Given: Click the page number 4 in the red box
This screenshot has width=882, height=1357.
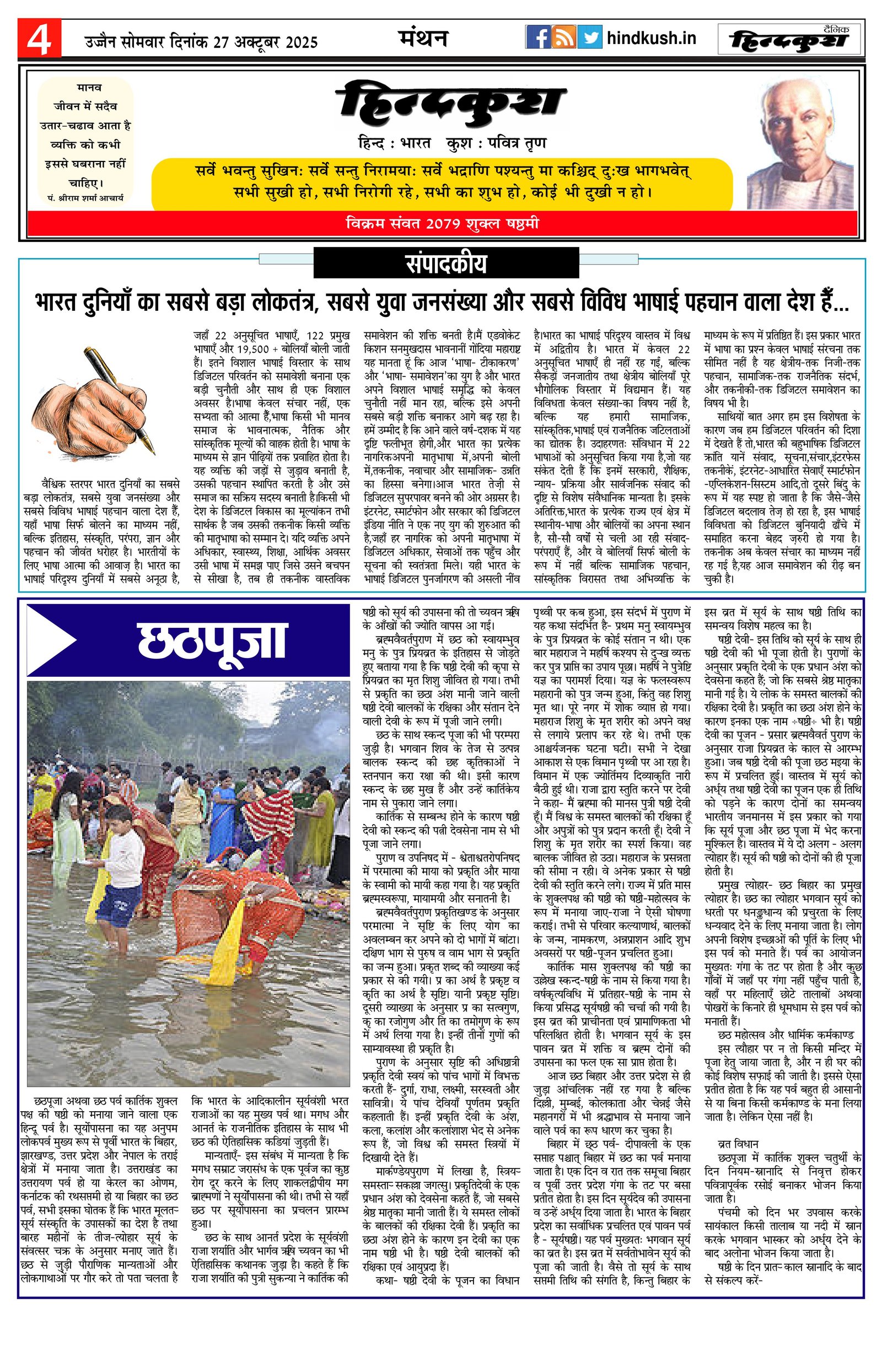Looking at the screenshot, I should pyautogui.click(x=39, y=38).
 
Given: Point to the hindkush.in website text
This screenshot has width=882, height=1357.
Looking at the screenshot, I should pyautogui.click(x=651, y=38).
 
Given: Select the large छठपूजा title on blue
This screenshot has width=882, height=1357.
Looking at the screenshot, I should pyautogui.click(x=211, y=640).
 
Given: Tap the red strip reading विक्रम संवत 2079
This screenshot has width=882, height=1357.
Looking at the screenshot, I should pyautogui.click(x=442, y=224).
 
